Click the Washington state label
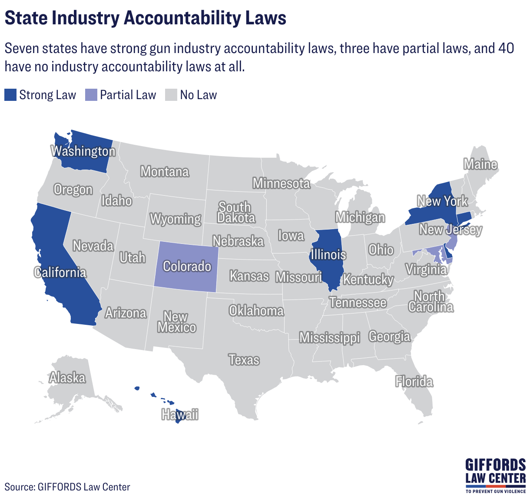(83, 151)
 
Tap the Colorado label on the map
(187, 266)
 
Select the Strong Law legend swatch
(10, 95)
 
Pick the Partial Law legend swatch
(91, 95)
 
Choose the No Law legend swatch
(171, 95)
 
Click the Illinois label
(328, 254)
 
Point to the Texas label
(244, 360)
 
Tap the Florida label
(414, 382)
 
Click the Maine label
(480, 164)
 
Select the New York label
(442, 201)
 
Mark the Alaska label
(67, 377)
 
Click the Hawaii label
(180, 415)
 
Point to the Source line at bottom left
(67, 487)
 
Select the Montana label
(165, 172)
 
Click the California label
(60, 273)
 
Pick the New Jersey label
(450, 230)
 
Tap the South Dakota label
(235, 212)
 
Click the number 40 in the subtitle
(506, 48)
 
